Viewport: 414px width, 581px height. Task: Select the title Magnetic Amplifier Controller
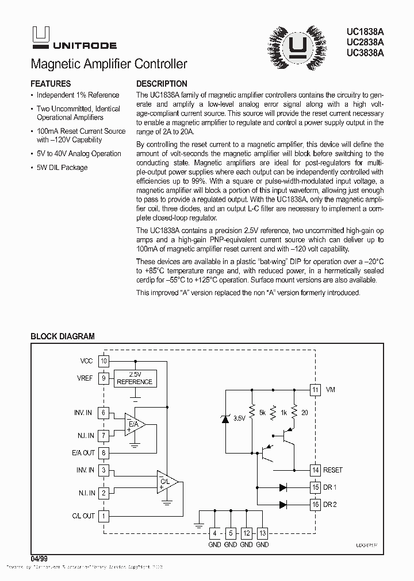[108, 64]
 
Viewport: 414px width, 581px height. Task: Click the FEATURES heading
[51, 84]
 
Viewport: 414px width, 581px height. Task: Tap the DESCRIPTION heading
[162, 84]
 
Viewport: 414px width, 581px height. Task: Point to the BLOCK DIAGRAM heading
[62, 336]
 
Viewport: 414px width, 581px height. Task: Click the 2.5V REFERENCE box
[135, 378]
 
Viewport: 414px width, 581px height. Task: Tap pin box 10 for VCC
[103, 361]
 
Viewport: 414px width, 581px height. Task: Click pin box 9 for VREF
[103, 378]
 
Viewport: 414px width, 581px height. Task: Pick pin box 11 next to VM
[315, 390]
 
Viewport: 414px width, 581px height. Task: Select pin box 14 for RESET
[315, 470]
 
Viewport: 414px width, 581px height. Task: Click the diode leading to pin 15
[283, 487]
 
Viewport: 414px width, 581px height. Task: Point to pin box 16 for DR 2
[315, 505]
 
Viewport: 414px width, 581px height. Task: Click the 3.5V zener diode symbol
[225, 418]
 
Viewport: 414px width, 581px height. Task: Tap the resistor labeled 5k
[251, 412]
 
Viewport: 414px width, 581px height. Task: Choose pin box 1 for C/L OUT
[103, 516]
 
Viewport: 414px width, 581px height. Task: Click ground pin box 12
[246, 532]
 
